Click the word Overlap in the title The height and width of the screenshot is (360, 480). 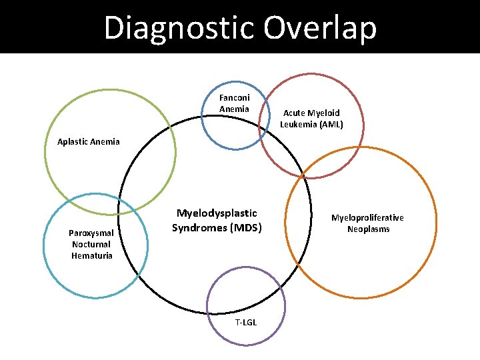pos(320,28)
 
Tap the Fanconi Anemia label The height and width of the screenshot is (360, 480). pos(235,103)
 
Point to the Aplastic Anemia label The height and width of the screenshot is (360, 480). pos(89,141)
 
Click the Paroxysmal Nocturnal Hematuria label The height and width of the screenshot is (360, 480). pos(92,245)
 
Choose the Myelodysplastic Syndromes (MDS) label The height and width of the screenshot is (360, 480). pos(217,221)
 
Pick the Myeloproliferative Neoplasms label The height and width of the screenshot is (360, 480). pos(367,223)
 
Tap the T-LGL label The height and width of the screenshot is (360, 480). pos(246,323)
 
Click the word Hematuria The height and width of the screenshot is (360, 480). pos(92,256)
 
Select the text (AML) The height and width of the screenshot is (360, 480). pos(330,124)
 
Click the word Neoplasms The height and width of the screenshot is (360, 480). pos(368,229)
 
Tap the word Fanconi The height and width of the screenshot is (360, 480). pos(235,98)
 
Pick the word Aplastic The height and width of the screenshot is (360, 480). pos(73,141)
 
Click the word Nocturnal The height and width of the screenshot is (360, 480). pos(92,245)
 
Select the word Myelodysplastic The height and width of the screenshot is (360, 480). pos(217,213)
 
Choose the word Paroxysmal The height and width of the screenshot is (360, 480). pos(92,233)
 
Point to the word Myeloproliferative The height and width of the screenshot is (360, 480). pos(367,218)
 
